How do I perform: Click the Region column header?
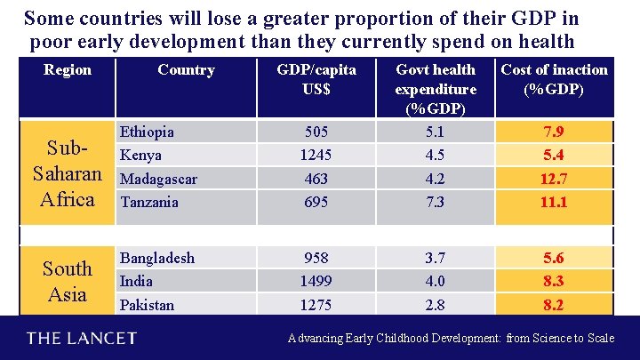[x=67, y=69]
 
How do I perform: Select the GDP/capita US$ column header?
[x=316, y=79]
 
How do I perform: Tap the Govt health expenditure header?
[x=436, y=89]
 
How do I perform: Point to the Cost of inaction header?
[x=555, y=79]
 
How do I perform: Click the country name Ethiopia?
[x=147, y=132]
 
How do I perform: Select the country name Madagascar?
[x=158, y=179]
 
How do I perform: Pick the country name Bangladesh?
[x=157, y=258]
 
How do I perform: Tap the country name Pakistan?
[x=147, y=305]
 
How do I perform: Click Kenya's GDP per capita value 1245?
[x=316, y=156]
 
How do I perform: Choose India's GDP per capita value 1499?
[x=316, y=281]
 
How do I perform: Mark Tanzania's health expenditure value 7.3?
[x=436, y=203]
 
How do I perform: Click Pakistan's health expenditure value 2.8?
[x=436, y=305]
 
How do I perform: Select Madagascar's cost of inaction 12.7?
[x=554, y=179]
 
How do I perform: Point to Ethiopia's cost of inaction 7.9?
[x=554, y=132]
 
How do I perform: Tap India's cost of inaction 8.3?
[x=554, y=281]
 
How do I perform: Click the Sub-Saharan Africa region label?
[x=68, y=172]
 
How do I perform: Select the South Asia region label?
[x=68, y=281]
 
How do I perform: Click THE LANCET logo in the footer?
[x=81, y=339]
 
